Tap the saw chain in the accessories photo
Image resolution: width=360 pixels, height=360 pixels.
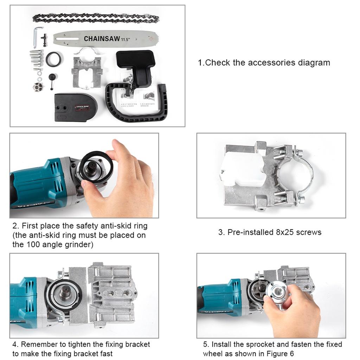tap(96, 18)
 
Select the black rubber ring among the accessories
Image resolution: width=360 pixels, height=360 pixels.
tap(53, 59)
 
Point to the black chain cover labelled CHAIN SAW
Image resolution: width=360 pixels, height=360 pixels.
tap(75, 107)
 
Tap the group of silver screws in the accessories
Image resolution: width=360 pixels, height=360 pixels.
tap(36, 58)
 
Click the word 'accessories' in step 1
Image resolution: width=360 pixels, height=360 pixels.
tap(272, 63)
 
